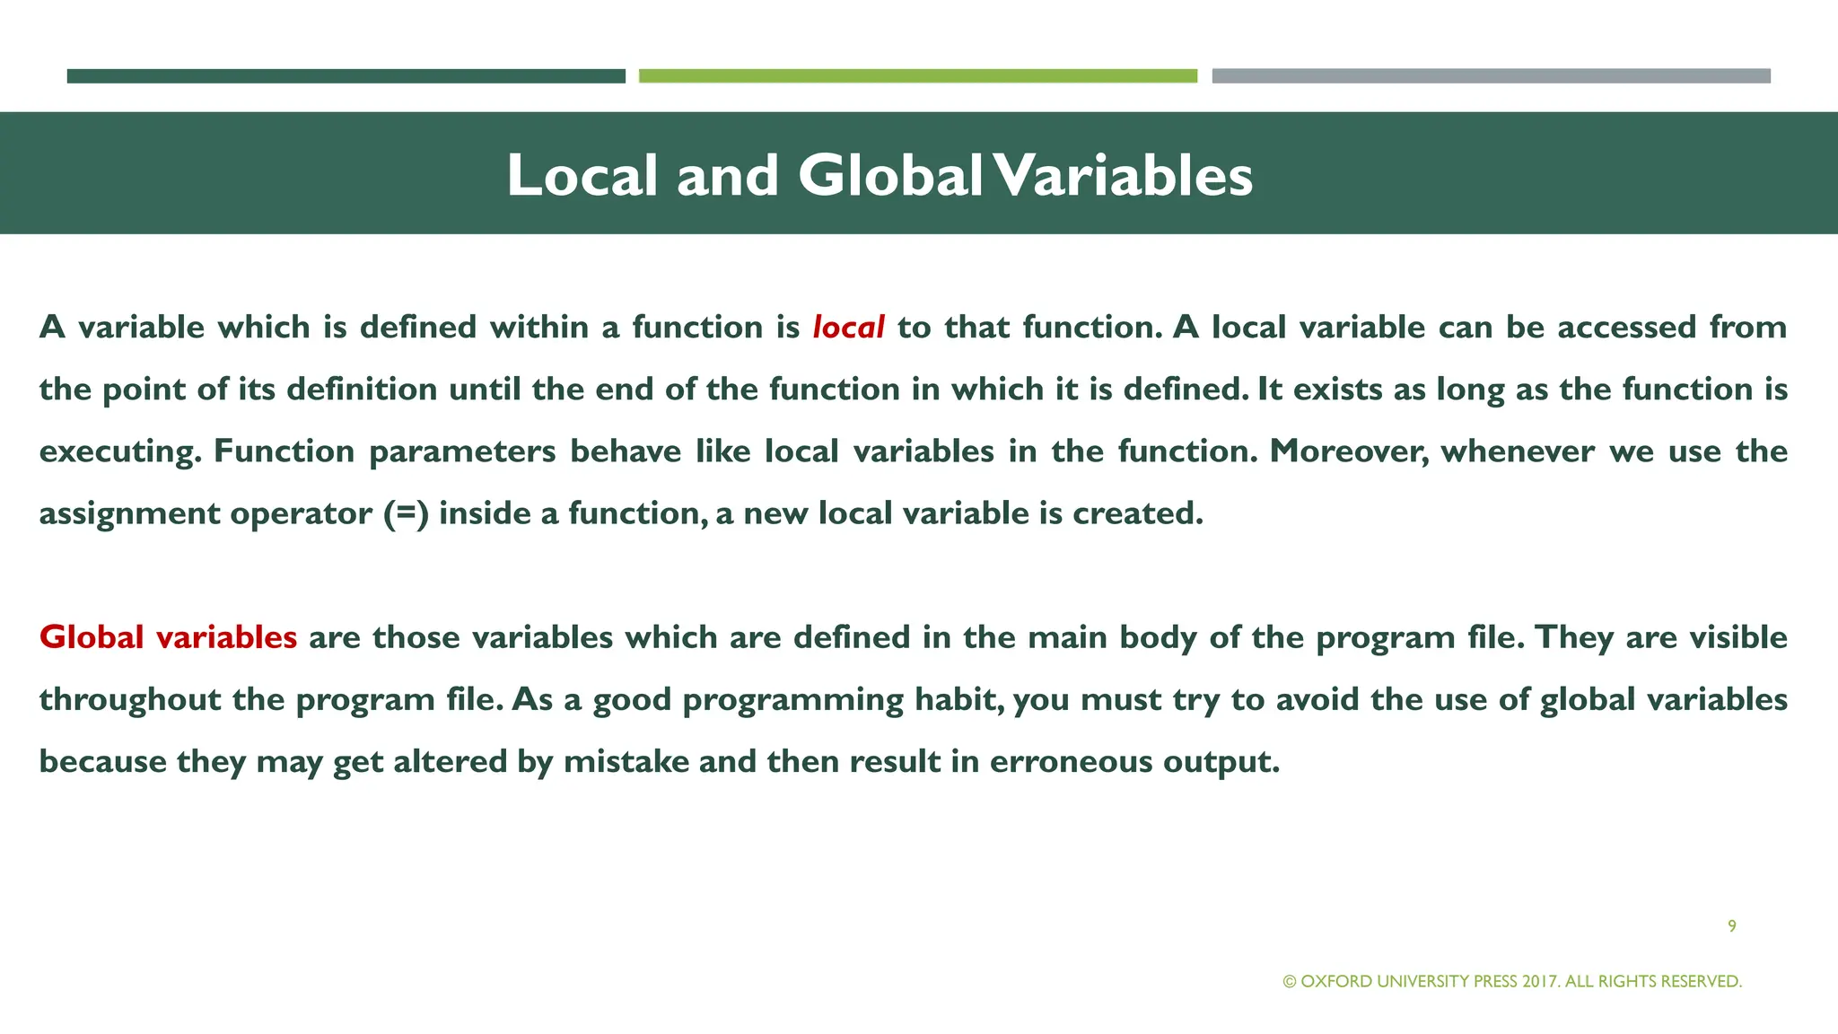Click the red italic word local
point(848,328)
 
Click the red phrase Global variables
point(168,637)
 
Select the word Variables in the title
point(1124,175)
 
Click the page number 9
point(1731,926)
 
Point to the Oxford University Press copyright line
point(1512,981)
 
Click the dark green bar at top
point(346,76)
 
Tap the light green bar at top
point(917,76)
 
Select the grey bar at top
point(1491,76)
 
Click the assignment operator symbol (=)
point(406,513)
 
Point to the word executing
point(119,451)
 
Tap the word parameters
point(462,451)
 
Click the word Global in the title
point(890,175)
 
